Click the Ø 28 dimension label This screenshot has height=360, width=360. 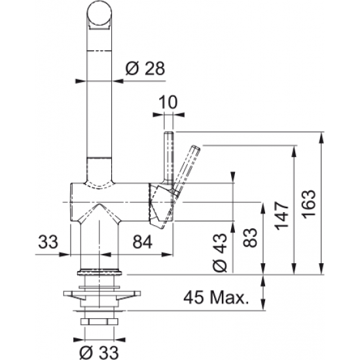(x=145, y=68)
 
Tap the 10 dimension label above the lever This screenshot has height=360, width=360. (x=168, y=102)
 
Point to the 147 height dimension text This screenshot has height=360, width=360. (x=282, y=215)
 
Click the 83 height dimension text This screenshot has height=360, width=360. (x=250, y=238)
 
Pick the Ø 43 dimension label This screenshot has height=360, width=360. (x=220, y=253)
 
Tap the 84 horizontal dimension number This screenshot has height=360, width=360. (x=143, y=242)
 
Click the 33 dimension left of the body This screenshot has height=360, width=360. (x=48, y=242)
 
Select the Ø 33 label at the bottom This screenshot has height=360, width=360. (x=99, y=351)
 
